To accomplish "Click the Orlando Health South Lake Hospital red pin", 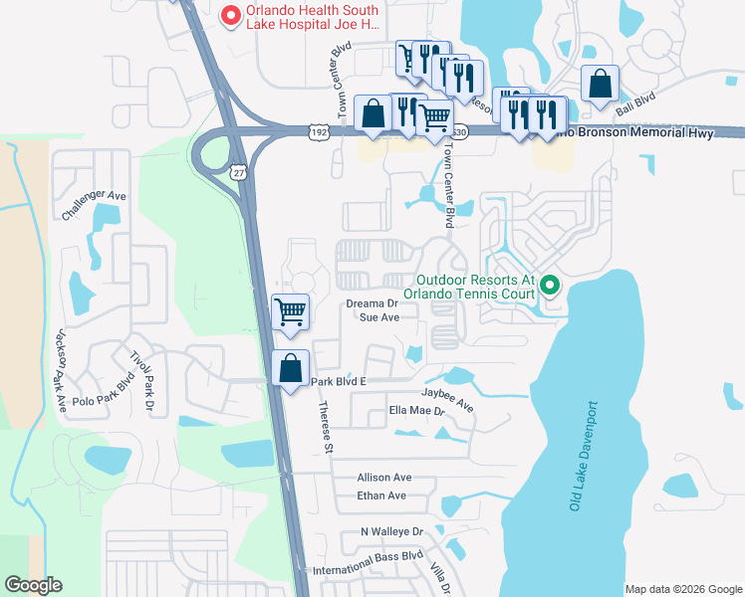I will click(x=231, y=15).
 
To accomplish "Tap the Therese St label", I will click(x=325, y=427).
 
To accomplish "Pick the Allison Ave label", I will click(x=383, y=478).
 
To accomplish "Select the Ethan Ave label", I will click(x=381, y=496).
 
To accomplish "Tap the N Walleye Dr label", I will click(x=391, y=532).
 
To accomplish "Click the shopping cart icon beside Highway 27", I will click(x=291, y=311).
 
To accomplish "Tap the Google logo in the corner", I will click(x=33, y=585).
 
